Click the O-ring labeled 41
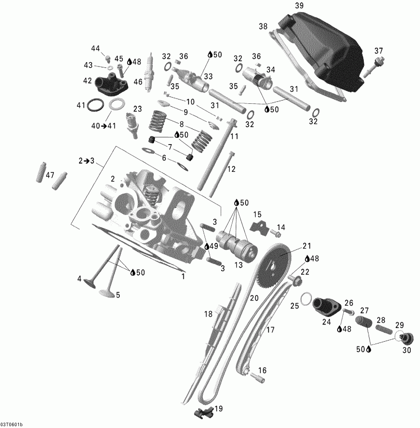point(96,104)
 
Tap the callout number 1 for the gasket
point(183,277)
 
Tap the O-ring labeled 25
point(306,299)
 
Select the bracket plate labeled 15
point(258,226)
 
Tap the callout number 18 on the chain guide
point(208,314)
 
